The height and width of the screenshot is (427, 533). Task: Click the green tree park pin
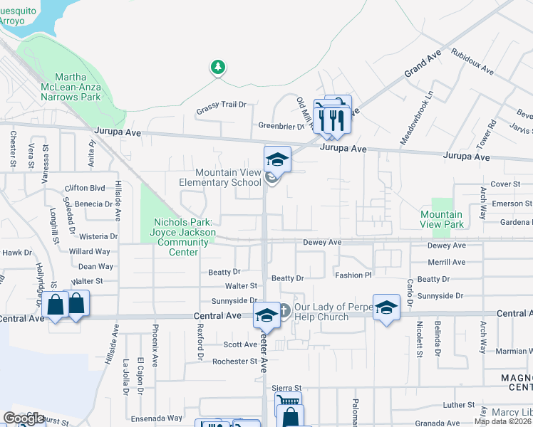217,68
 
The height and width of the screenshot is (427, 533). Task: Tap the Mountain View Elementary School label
229,177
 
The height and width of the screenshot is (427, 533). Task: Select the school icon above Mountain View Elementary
277,159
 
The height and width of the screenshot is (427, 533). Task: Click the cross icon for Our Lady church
283,310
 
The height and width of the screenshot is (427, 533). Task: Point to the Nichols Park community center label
183,238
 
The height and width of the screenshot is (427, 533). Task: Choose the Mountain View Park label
442,219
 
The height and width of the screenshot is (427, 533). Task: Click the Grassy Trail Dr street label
221,105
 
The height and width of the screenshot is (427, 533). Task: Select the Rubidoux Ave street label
472,61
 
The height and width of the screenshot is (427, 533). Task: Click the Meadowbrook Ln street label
417,118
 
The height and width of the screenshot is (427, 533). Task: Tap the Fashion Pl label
353,275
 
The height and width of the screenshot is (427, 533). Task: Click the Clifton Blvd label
85,188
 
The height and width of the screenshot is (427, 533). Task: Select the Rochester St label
234,362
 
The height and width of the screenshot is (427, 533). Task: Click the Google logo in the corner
24,418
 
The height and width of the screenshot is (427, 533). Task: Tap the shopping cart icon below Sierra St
287,401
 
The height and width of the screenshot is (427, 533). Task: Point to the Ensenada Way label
155,418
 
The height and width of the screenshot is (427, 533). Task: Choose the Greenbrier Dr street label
281,126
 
